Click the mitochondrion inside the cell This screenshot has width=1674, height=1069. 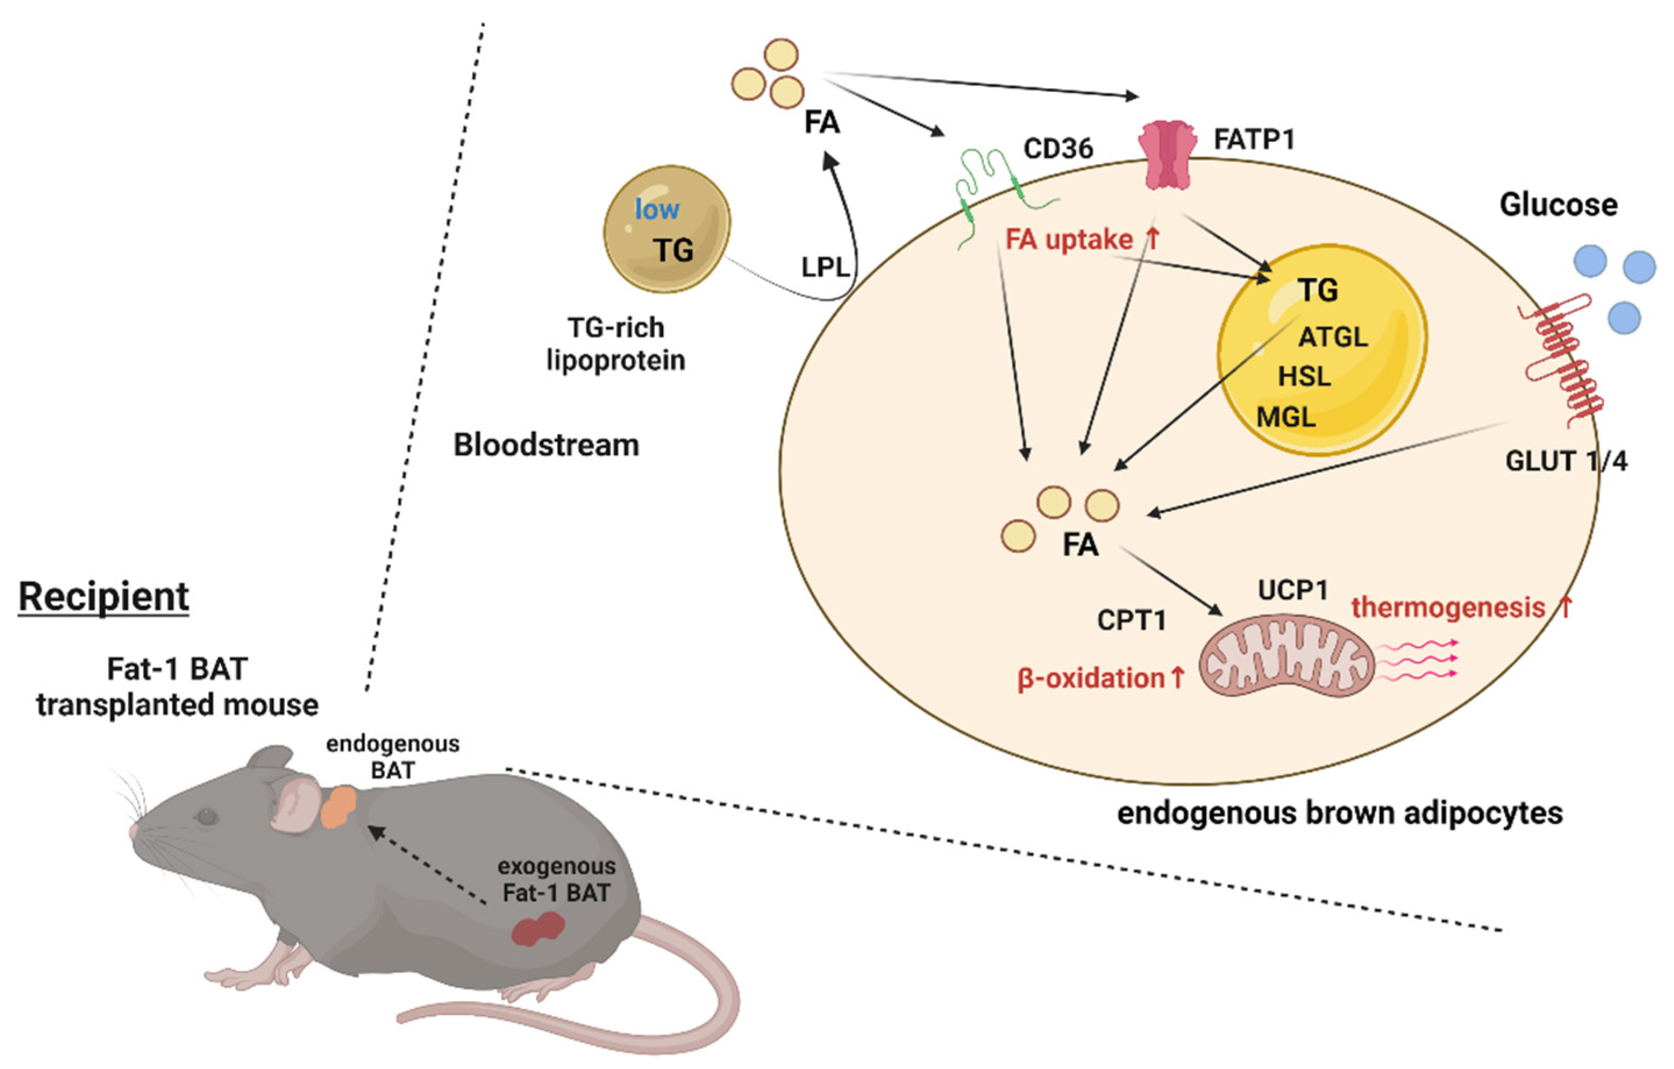(1287, 656)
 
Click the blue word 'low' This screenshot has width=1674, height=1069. (657, 209)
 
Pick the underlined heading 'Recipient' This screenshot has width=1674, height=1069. (103, 596)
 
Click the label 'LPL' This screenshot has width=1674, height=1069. (825, 267)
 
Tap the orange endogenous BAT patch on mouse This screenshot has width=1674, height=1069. (338, 806)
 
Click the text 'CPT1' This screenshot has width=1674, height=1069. (1132, 620)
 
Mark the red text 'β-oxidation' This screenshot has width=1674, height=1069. (1091, 678)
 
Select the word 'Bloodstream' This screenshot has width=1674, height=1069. (547, 445)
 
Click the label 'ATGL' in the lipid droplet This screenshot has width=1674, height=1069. (1333, 337)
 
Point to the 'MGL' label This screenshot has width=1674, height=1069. (1286, 417)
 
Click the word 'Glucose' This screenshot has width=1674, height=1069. (1559, 205)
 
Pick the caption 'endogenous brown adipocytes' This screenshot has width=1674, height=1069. (1340, 813)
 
